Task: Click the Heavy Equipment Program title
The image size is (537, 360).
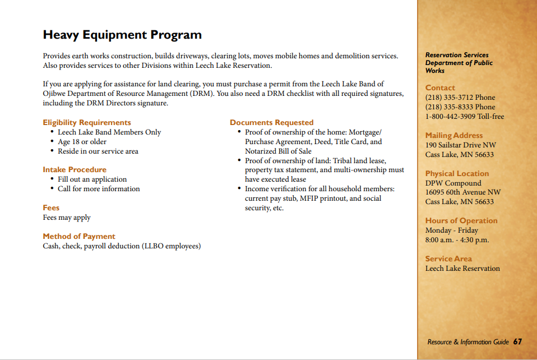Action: tap(122, 35)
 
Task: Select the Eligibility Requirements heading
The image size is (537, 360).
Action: tap(87, 122)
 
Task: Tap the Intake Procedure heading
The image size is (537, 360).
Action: tap(75, 169)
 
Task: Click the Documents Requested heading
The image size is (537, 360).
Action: tap(271, 122)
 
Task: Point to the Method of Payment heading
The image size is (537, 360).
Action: tap(79, 236)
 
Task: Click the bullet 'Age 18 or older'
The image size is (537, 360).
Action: tap(82, 142)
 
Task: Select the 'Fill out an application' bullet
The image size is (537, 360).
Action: tap(92, 179)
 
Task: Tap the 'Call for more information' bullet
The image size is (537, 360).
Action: tap(99, 189)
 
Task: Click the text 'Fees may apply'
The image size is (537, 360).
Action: tap(67, 218)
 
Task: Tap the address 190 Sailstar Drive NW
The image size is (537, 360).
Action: tap(460, 145)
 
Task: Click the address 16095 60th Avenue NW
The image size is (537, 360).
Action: tap(462, 192)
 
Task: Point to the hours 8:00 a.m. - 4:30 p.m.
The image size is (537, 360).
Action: tap(457, 240)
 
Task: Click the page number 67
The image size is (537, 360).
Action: tap(517, 341)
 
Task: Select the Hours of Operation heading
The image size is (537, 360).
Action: tap(461, 220)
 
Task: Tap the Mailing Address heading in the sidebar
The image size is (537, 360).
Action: tap(453, 135)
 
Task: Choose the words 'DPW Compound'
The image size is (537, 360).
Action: tap(453, 183)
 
